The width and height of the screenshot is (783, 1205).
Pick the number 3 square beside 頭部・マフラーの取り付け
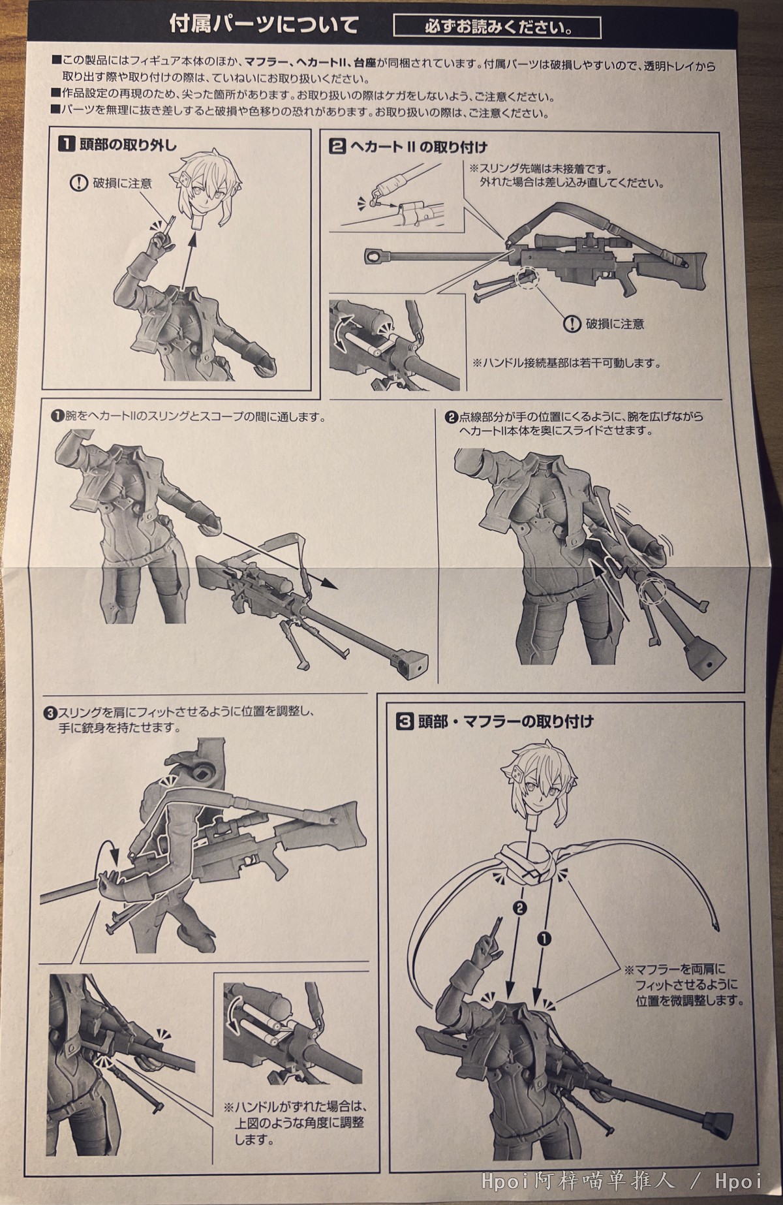point(404,721)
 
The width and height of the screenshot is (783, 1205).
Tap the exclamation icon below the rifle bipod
point(572,322)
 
